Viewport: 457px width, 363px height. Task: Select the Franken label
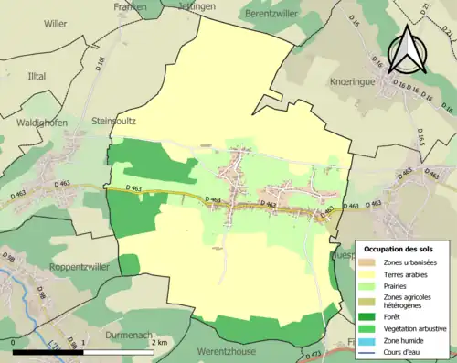[131, 6]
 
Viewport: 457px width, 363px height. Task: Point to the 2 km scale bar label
[159, 341]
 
